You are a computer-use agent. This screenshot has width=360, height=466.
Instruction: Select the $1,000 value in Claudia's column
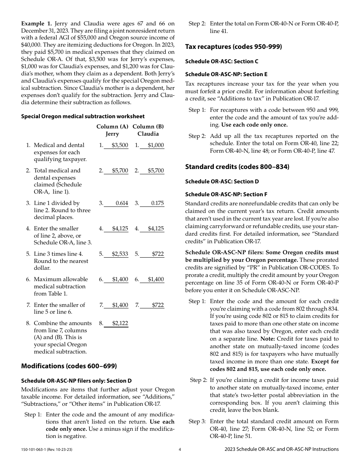(156, 145)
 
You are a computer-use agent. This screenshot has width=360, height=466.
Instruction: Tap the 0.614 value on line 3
(122, 203)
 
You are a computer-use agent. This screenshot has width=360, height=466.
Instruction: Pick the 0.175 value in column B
(157, 203)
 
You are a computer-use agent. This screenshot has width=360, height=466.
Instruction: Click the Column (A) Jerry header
(112, 130)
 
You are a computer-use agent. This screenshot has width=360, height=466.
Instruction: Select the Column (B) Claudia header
(148, 130)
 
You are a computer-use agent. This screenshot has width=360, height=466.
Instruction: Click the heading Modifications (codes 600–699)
(69, 366)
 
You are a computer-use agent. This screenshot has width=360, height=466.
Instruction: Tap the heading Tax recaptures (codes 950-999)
(233, 47)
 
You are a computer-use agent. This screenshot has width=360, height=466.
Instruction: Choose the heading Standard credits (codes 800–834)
(237, 167)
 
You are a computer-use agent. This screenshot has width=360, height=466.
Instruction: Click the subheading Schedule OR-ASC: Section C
(222, 61)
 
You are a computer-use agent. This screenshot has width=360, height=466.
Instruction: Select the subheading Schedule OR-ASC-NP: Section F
(226, 194)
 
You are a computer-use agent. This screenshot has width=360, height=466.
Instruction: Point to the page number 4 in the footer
(180, 449)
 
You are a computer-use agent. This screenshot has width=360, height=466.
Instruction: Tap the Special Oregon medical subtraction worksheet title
(83, 116)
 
